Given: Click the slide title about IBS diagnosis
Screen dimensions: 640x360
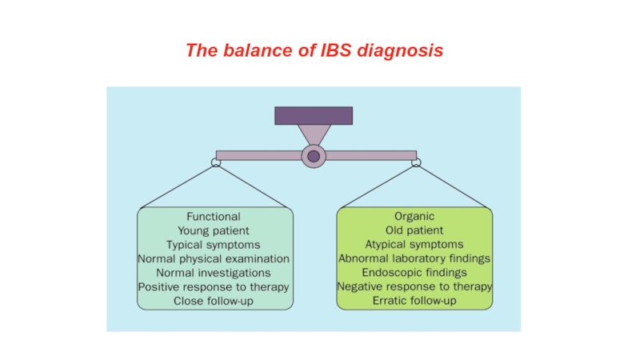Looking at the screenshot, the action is (x=314, y=50).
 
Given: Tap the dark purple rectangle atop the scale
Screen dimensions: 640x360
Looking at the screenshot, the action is (x=314, y=116).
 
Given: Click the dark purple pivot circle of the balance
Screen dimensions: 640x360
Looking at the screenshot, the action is (x=314, y=156).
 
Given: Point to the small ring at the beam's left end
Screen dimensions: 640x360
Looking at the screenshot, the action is (x=216, y=163).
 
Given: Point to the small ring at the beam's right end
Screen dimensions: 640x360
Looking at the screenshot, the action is (x=416, y=162).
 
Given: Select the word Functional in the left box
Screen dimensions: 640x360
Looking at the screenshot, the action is (x=214, y=216).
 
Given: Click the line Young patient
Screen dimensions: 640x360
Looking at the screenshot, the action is (x=214, y=230).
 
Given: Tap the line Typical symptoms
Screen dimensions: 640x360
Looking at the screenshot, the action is (x=213, y=245).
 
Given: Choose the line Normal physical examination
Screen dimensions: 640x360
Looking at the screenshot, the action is (x=214, y=258).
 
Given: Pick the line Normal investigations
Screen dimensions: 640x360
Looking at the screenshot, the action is (x=214, y=273).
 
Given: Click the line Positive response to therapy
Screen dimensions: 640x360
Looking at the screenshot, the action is (x=214, y=287).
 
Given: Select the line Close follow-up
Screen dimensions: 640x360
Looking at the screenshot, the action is (x=214, y=301).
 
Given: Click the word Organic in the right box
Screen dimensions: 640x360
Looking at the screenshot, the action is (x=414, y=216).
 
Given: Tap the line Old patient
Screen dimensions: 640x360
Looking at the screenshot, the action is (x=414, y=230).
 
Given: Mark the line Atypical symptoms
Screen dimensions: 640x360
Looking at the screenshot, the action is (x=414, y=245).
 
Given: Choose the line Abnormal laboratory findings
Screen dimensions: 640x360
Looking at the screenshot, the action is (x=414, y=258).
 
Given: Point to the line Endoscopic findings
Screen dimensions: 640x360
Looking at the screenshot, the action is (x=414, y=272).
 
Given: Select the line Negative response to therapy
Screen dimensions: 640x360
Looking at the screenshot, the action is (x=414, y=286).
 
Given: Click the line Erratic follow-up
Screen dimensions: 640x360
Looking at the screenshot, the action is (x=414, y=301).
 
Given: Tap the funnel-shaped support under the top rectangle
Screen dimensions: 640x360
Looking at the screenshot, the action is (x=314, y=134).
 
